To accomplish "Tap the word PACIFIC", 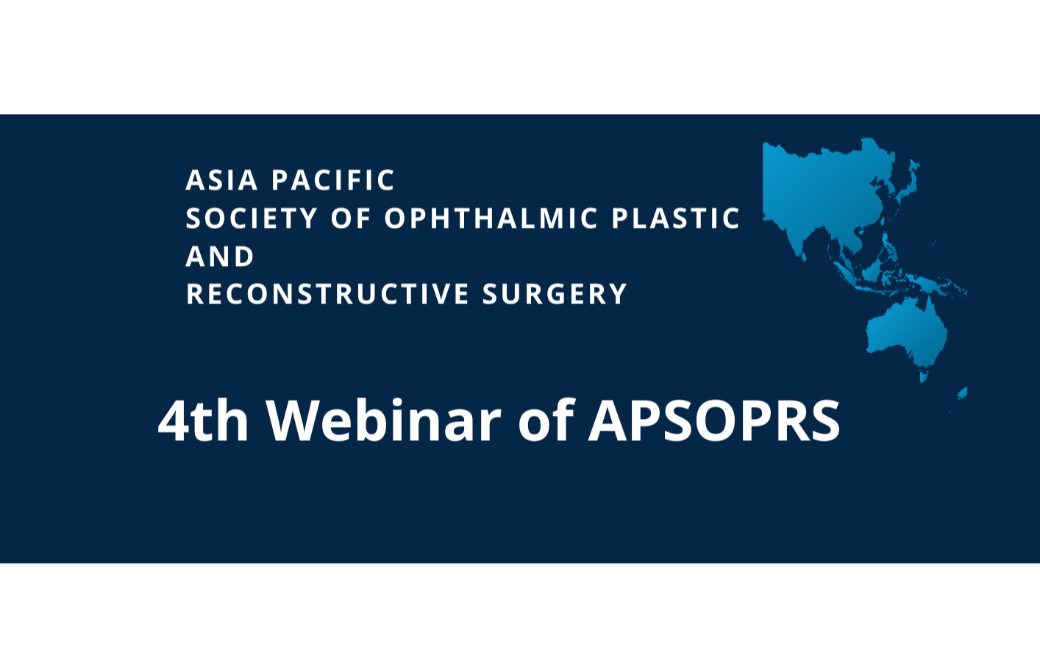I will tap(333, 181).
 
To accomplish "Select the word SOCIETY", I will tap(252, 219).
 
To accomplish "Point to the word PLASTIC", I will tap(676, 219).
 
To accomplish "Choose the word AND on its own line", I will tap(220, 257).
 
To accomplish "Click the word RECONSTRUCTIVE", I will tap(328, 295).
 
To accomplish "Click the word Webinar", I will tap(383, 421).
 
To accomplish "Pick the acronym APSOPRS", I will tap(713, 421).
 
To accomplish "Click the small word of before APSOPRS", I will tap(545, 421).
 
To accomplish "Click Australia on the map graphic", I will tap(906, 334).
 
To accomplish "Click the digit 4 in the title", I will tap(174, 421).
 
